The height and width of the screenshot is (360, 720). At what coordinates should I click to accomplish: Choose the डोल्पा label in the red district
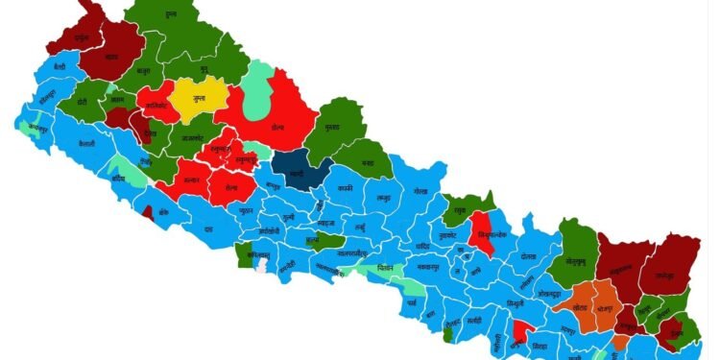276,126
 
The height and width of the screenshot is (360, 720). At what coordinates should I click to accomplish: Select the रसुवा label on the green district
461,204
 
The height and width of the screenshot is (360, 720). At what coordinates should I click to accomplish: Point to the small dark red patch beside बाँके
148,214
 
